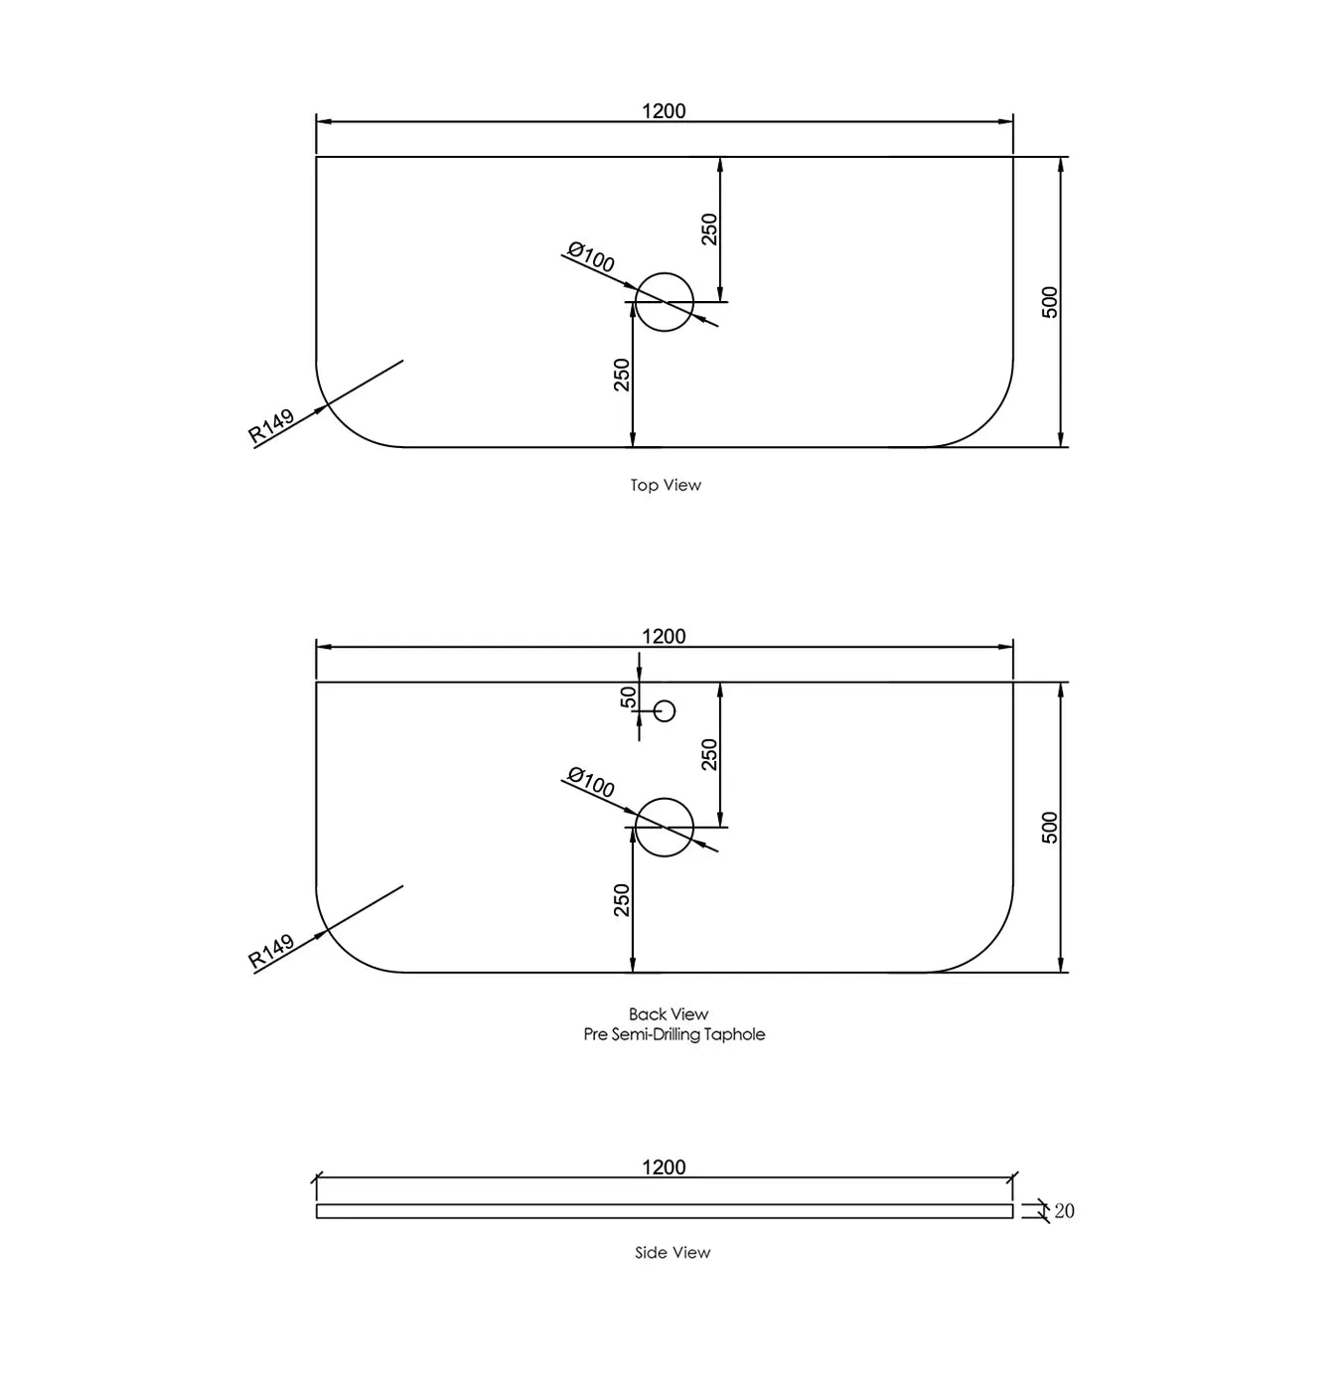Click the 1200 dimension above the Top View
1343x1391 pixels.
point(664,111)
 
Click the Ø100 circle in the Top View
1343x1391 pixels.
point(664,273)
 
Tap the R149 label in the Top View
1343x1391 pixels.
point(271,426)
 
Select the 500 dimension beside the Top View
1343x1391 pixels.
point(1049,302)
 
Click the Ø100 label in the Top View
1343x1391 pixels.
point(591,257)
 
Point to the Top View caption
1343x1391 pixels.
point(666,485)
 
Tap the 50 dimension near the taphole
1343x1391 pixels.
point(628,696)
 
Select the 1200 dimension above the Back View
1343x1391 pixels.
point(664,636)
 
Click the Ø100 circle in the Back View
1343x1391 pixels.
point(664,799)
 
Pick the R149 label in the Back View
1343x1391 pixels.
point(271,952)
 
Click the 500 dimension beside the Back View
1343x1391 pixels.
point(1049,828)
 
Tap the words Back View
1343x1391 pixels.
point(669,1013)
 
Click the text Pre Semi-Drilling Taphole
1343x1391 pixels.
point(674,1034)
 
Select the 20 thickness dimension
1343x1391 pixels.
point(1064,1211)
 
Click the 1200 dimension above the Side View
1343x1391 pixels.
point(664,1167)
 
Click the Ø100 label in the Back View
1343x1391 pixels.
point(591,782)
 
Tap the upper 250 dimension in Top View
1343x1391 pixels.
point(709,229)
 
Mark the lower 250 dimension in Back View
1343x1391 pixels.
point(622,900)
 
